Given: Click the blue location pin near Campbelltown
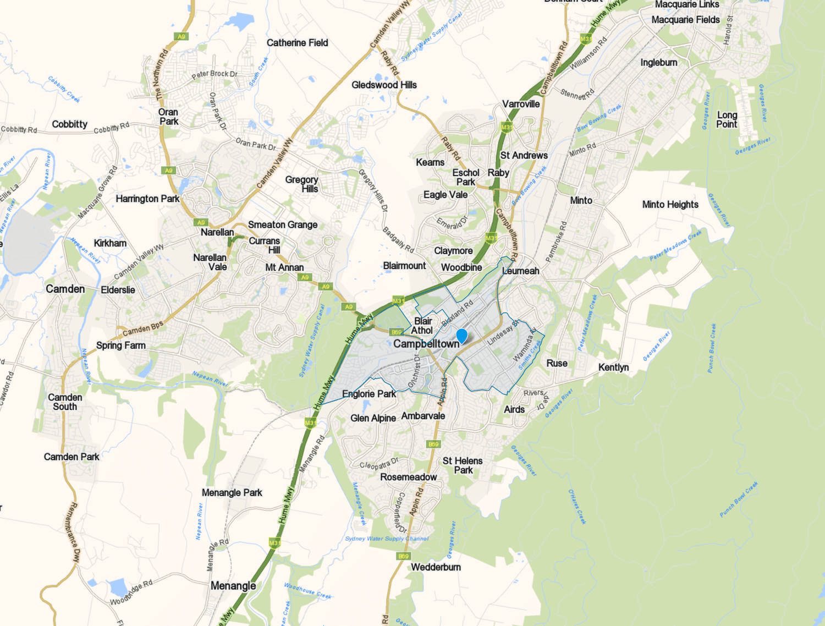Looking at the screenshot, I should tap(462, 335).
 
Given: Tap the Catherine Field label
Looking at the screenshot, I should tap(297, 43).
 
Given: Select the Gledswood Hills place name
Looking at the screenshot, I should tap(384, 85).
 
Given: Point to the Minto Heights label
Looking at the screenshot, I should tap(670, 205).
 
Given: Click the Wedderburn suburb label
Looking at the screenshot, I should tap(436, 567).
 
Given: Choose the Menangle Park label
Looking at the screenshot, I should tap(232, 493).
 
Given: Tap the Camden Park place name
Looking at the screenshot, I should tap(71, 457).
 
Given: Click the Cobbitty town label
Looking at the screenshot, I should tap(69, 124).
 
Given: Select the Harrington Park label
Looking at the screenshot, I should tap(147, 199).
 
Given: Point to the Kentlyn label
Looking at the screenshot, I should tap(613, 367).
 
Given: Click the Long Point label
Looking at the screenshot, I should tap(727, 119).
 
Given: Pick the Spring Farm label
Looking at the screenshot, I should tap(120, 345).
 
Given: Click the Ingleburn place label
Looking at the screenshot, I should tap(658, 63).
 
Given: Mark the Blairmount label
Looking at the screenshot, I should tap(404, 266).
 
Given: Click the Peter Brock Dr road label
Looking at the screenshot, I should tap(215, 74).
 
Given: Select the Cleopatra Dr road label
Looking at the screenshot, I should tap(378, 463).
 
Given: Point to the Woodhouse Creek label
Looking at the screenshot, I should tap(307, 591).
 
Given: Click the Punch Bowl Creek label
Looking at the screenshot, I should tap(739, 499).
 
